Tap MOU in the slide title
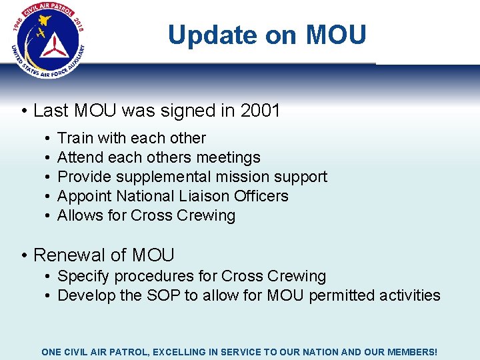336,35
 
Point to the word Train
75,138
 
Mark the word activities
408,295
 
